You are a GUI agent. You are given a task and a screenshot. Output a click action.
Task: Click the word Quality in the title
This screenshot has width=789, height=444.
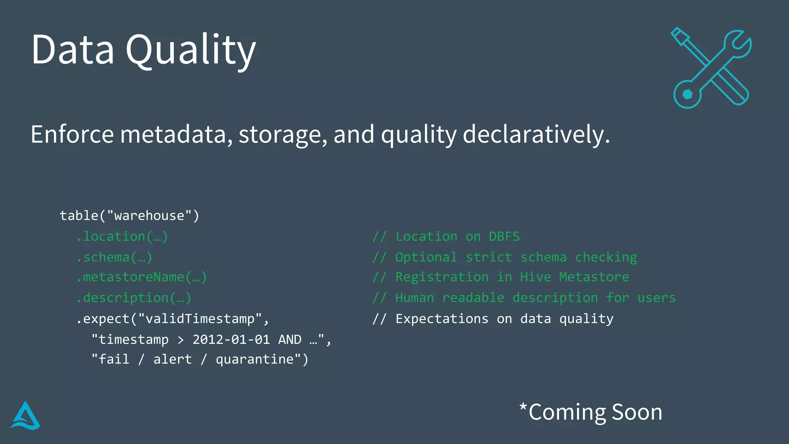point(191,50)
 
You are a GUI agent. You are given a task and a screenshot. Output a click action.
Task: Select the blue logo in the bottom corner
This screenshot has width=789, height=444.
point(25,416)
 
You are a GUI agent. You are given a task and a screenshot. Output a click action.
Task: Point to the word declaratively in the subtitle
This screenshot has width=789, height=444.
point(536,135)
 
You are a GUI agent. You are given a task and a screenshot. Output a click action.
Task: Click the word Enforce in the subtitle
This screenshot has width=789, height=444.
point(72,135)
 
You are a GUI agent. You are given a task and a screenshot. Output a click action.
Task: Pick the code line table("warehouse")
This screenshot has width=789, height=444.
point(129,215)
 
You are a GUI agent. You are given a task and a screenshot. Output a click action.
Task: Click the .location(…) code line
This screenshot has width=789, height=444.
point(122,236)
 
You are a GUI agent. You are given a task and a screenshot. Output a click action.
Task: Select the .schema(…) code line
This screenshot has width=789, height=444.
point(114,257)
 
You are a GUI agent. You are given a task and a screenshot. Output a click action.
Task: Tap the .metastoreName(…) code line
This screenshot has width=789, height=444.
point(141,277)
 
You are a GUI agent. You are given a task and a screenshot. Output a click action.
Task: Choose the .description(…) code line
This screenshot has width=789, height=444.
point(133,298)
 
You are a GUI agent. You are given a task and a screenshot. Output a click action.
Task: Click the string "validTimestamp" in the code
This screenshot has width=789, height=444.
point(200,319)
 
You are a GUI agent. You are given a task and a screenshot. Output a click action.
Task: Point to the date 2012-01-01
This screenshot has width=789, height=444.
point(231,340)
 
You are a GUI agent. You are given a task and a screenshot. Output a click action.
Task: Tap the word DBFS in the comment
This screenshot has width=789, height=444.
point(504,236)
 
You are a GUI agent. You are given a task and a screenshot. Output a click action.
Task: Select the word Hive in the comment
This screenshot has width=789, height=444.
point(536,277)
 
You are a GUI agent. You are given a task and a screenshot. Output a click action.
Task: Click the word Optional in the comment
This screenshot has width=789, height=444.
point(426,257)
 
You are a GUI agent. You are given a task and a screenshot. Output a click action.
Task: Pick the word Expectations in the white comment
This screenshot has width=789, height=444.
point(442,319)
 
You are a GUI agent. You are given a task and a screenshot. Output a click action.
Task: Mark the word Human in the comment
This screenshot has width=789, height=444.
point(415,298)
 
